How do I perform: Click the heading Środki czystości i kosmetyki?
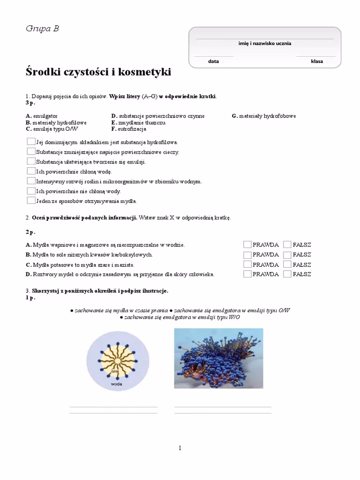[x=98, y=73]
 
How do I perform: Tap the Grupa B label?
[x=42, y=29]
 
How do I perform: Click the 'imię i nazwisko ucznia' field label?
[x=264, y=44]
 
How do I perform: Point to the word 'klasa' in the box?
[x=317, y=61]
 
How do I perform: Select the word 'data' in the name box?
[x=214, y=61]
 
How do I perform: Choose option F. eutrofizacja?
[x=129, y=129]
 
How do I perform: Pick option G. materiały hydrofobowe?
[x=264, y=116]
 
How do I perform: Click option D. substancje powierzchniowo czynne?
[x=157, y=116]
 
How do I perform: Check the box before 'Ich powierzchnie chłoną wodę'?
[x=31, y=171]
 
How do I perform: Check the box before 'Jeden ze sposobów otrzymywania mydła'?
[x=31, y=201]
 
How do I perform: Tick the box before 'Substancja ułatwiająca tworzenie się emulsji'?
[x=31, y=161]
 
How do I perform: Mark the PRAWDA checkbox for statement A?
[x=247, y=245]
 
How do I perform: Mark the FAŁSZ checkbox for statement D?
[x=287, y=274]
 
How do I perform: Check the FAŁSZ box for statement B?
[x=287, y=255]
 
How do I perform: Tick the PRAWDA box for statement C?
[x=247, y=264]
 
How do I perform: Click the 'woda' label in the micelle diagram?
[x=116, y=384]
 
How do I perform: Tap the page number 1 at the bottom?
[x=180, y=448]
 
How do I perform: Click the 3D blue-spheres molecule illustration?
[x=218, y=358]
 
